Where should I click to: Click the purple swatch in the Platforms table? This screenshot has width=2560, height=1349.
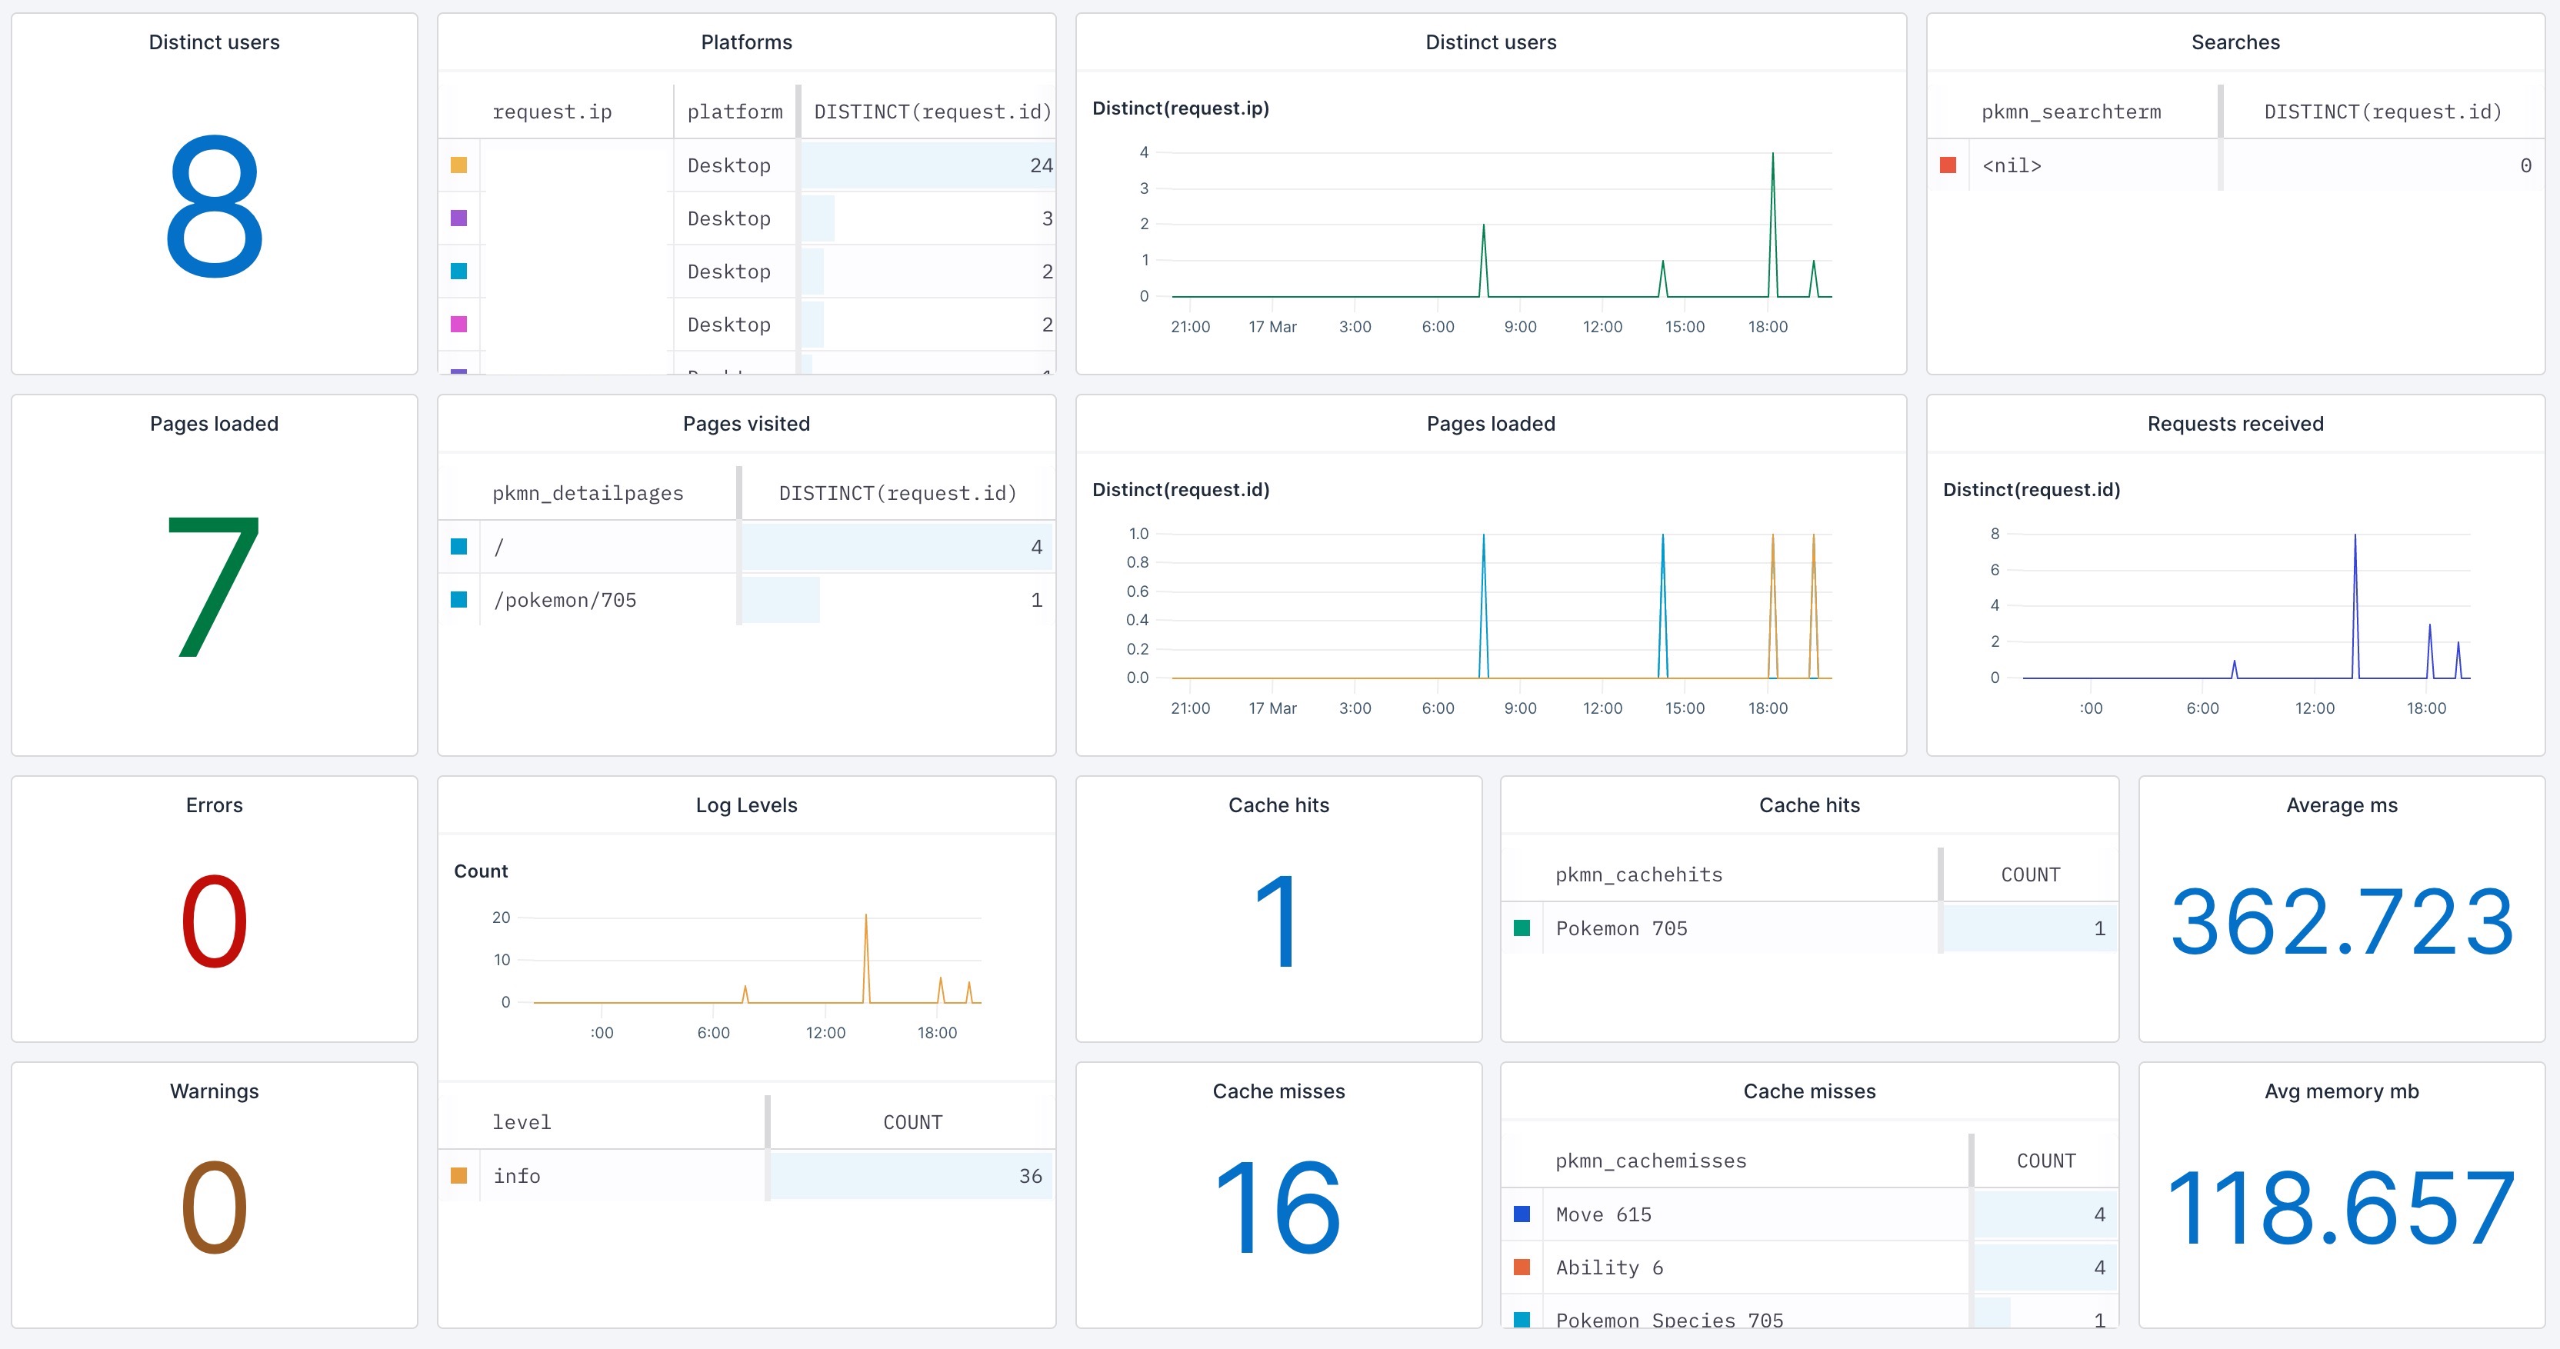458,218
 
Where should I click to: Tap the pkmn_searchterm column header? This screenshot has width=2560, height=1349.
2070,112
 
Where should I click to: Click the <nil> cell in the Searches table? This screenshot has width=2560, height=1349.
2011,165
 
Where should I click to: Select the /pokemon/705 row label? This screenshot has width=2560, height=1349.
565,600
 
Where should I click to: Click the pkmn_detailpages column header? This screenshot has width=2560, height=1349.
588,493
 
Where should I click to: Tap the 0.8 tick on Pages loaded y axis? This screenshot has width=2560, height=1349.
1137,562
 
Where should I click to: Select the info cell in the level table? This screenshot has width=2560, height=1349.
517,1176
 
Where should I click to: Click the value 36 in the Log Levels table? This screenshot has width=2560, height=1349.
1029,1176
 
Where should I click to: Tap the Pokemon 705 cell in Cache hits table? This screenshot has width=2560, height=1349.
1621,928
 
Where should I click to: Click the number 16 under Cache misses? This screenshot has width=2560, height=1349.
1278,1207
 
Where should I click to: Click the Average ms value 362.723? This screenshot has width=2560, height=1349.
2342,922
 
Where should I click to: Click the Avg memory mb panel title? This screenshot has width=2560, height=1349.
2342,1091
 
